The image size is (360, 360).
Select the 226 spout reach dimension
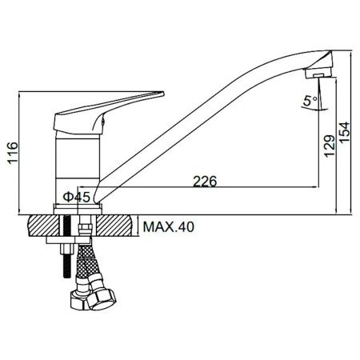tap(205, 182)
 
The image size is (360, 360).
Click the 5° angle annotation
tap(309, 102)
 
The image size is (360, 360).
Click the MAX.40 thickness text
tap(169, 227)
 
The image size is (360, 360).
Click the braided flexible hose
tap(86, 268)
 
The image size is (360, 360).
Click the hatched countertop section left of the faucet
tap(38, 225)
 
